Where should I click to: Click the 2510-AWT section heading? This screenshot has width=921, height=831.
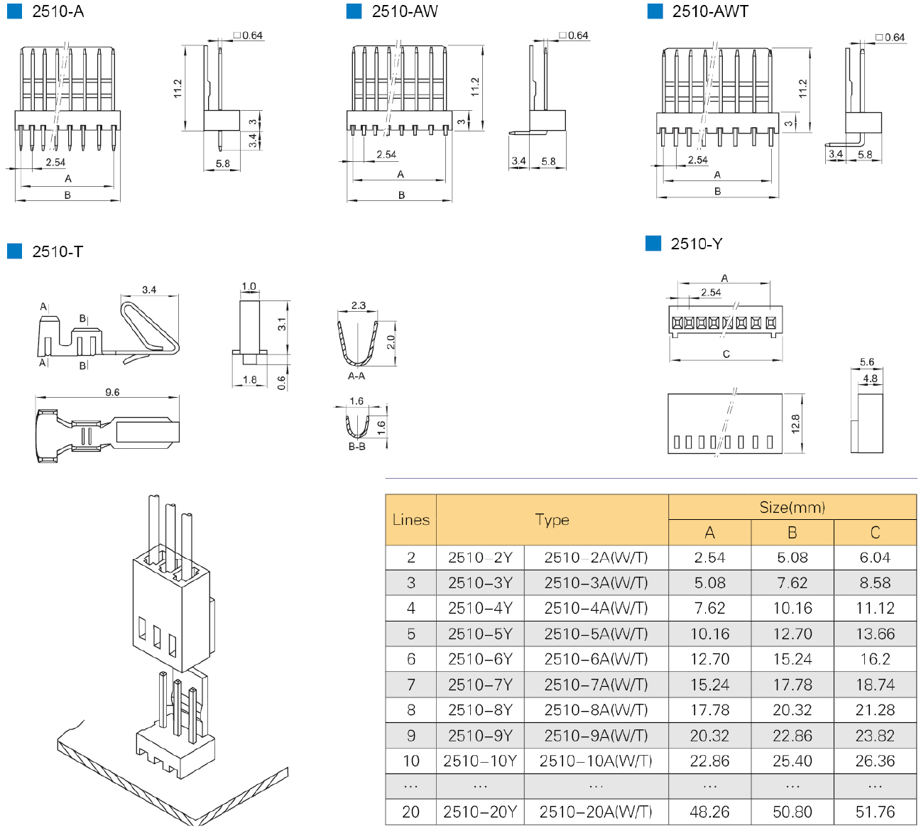coord(709,11)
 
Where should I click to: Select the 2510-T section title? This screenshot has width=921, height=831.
coord(58,251)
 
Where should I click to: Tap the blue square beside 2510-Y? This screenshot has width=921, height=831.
coord(653,244)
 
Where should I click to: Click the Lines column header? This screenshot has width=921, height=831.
coord(410,520)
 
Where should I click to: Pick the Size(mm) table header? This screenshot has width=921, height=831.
coord(792,507)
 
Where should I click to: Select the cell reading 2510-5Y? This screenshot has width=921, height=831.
coord(480,634)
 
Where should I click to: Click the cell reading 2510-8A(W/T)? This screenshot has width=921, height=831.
coord(596,710)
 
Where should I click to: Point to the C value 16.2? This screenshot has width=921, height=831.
coord(875,659)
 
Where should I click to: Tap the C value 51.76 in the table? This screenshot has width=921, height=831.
coord(875,812)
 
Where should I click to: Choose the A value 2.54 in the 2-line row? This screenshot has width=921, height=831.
coord(709,558)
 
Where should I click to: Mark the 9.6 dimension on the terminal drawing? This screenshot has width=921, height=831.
coord(112,392)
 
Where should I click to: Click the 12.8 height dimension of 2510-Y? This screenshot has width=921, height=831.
coord(795,424)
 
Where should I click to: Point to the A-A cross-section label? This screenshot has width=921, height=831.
coord(356,376)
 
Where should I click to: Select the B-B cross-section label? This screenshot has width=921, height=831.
coord(356,447)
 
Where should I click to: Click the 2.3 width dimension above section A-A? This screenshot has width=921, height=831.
coord(358,305)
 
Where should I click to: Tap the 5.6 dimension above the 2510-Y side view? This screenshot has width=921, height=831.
coord(867,362)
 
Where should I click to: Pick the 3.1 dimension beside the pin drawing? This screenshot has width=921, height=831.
coord(282,324)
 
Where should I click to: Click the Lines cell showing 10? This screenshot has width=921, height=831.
coord(410,761)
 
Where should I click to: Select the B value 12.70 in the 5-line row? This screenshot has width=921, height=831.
coord(792,634)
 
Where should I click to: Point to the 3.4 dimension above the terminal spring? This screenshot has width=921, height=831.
coord(149,290)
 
